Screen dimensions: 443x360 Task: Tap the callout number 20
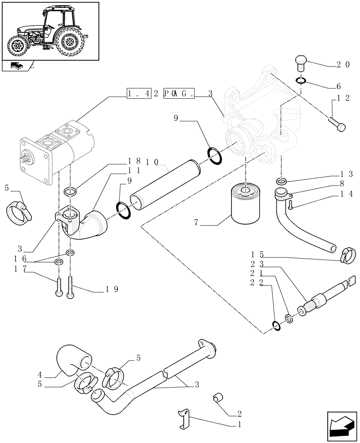point(343,65)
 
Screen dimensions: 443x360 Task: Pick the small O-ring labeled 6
point(301,81)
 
